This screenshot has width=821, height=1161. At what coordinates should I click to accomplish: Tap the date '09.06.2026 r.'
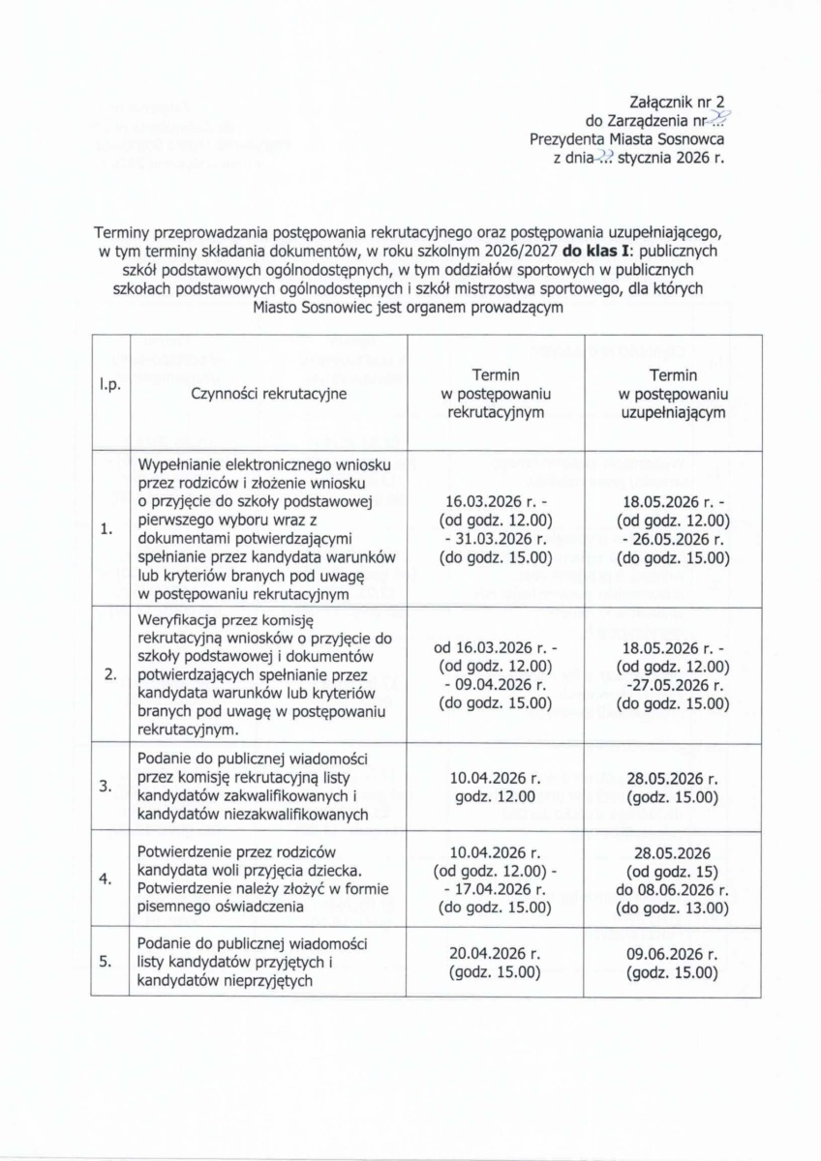pos(672,953)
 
